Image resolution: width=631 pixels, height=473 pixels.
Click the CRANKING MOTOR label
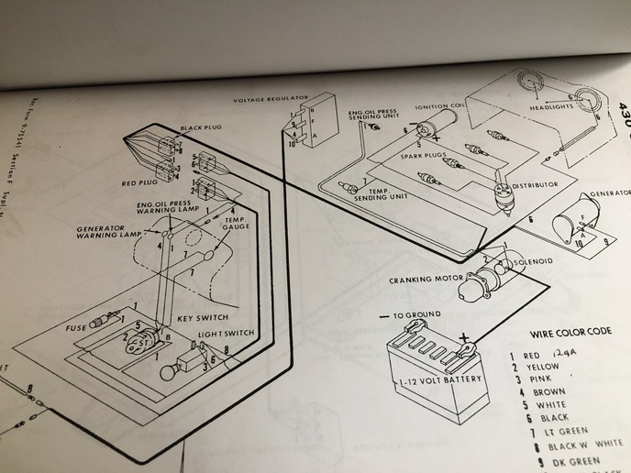click(x=422, y=280)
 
